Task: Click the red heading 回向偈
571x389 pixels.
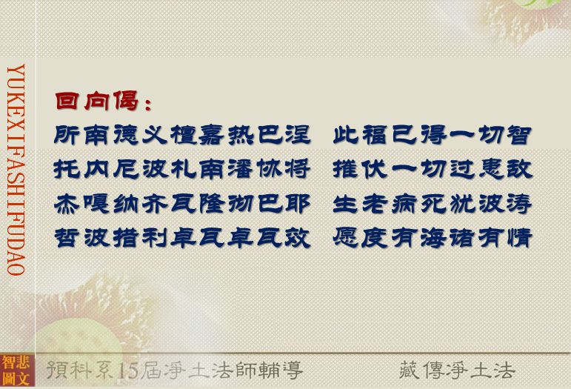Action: tap(97, 101)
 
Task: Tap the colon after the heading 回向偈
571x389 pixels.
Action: tap(148, 104)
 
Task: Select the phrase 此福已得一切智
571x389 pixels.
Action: tap(432, 135)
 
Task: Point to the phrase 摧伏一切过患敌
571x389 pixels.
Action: tap(433, 170)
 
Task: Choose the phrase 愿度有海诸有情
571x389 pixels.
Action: tap(433, 238)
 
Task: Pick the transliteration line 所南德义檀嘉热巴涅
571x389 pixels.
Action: tap(182, 135)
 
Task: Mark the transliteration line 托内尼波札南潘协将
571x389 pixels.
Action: tap(182, 170)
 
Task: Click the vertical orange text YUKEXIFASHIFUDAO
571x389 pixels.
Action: tap(16, 170)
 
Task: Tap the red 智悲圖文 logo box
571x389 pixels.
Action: tap(17, 370)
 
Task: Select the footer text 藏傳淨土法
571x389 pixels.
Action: tap(457, 370)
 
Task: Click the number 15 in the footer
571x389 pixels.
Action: tap(129, 370)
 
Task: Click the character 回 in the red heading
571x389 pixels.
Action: tap(67, 101)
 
